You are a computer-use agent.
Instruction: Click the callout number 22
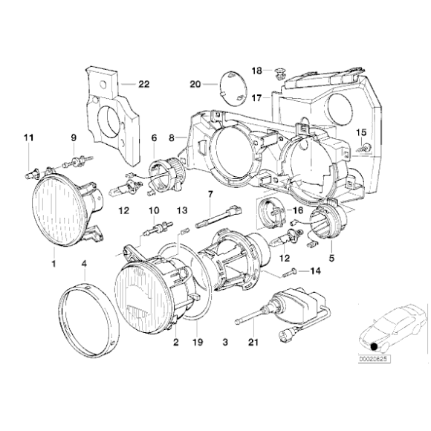(x=144, y=84)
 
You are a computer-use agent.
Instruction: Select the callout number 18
(x=256, y=71)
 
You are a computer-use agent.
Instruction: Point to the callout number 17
(x=256, y=97)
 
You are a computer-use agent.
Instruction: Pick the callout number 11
(x=28, y=137)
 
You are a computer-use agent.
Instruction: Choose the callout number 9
(x=74, y=137)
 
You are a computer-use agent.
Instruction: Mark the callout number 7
(x=211, y=195)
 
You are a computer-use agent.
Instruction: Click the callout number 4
(x=85, y=264)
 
